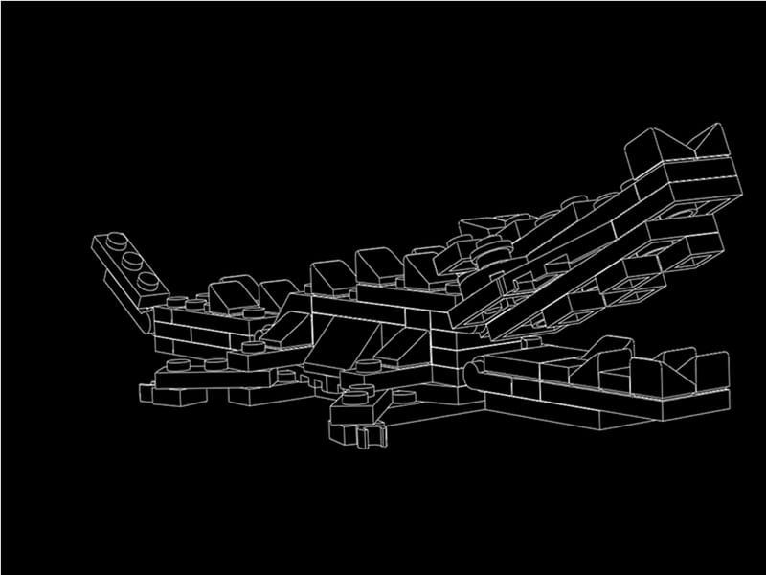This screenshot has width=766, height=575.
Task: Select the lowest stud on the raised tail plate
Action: click(147, 280)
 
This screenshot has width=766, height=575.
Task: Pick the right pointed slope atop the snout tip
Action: click(710, 141)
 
